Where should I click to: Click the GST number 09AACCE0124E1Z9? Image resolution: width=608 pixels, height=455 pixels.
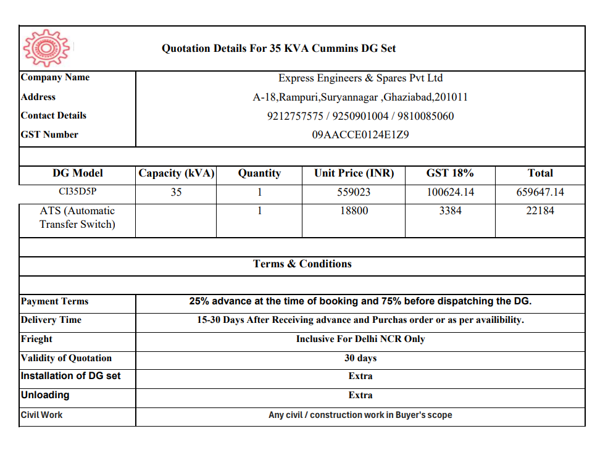[360, 135]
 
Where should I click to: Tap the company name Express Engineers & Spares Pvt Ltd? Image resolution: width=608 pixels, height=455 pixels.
[360, 78]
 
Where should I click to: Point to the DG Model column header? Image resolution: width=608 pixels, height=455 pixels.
[77, 173]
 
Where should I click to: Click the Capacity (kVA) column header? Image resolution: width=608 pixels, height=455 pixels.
[177, 173]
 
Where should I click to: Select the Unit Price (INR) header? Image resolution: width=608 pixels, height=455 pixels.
[354, 173]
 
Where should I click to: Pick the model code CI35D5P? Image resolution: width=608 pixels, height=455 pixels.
[77, 192]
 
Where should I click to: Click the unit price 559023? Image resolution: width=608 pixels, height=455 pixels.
[354, 192]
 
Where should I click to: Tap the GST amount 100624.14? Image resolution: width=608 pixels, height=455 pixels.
[451, 192]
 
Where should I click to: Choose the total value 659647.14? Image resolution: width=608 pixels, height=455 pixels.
[540, 192]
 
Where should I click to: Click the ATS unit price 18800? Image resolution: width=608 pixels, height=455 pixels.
[354, 211]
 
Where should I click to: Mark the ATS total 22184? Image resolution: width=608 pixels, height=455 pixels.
[540, 211]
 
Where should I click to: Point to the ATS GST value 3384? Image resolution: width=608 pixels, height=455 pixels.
[451, 211]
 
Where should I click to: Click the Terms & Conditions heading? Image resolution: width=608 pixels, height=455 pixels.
[302, 264]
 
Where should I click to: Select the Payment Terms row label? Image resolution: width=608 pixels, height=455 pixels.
[55, 302]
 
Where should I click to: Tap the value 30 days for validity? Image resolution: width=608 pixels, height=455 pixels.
[360, 358]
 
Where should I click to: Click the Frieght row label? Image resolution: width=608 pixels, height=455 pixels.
[37, 339]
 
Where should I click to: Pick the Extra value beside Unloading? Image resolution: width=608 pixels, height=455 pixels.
[360, 395]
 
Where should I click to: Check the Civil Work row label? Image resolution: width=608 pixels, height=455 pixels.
[42, 415]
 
